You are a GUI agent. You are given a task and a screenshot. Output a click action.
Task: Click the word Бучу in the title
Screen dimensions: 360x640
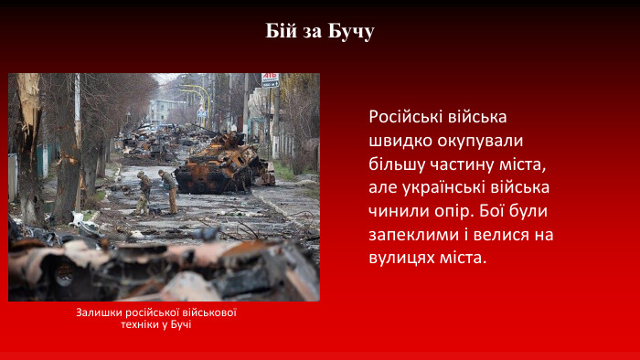click(351, 32)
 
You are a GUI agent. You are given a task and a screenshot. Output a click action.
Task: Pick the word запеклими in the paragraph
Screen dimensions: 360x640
click(411, 235)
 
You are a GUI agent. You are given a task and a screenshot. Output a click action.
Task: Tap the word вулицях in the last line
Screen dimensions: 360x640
click(402, 259)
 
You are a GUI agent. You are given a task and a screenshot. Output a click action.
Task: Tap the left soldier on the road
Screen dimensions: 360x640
click(144, 192)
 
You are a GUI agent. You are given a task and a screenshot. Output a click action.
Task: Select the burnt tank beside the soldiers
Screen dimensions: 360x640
click(221, 164)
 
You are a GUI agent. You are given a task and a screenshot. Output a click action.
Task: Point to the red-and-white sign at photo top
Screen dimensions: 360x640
click(270, 80)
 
